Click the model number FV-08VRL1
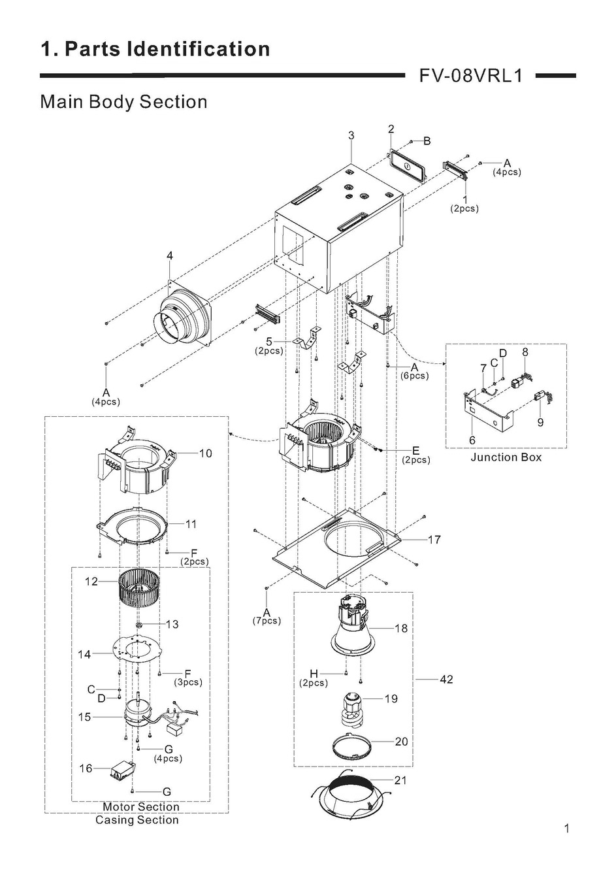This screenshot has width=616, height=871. [x=470, y=76]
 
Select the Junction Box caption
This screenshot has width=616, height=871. [x=506, y=457]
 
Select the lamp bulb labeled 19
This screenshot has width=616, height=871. [x=351, y=710]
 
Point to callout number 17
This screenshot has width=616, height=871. [x=435, y=540]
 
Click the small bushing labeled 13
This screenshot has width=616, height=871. [x=138, y=625]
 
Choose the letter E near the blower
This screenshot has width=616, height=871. [x=415, y=451]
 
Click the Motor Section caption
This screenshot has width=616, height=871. [x=141, y=807]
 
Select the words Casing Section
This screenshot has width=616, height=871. [x=137, y=820]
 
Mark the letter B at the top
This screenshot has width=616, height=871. [x=427, y=141]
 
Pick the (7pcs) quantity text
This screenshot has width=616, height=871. [x=267, y=621]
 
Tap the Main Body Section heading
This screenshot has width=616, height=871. [x=123, y=102]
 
